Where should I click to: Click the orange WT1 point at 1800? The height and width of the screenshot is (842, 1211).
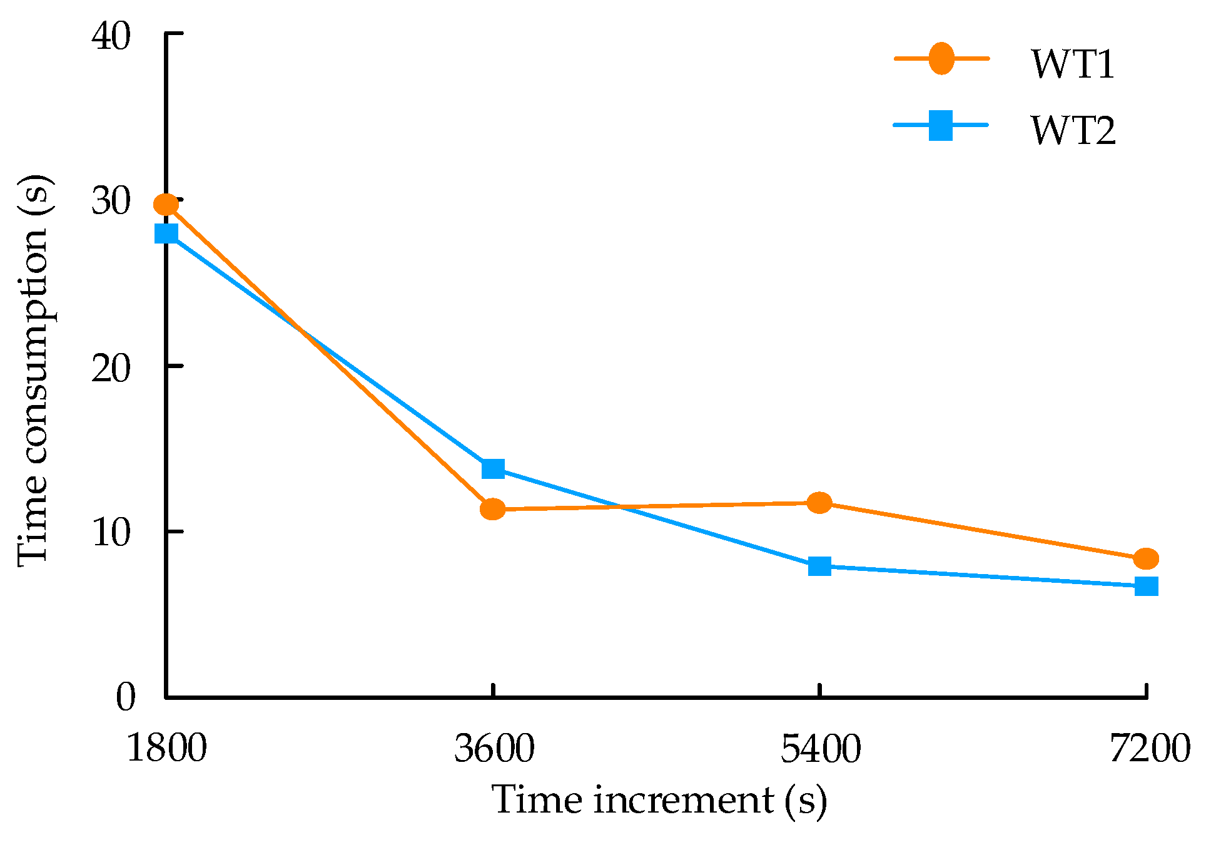click(166, 204)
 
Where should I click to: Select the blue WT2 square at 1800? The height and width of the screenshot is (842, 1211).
click(166, 234)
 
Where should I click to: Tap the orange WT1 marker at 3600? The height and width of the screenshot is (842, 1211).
click(493, 509)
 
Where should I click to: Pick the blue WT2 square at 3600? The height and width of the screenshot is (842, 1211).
click(493, 468)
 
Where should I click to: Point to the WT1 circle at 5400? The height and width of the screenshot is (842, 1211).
click(819, 502)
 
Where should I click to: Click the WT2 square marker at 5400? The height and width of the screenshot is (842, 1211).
click(819, 566)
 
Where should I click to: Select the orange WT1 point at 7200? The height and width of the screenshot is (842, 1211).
click(1146, 558)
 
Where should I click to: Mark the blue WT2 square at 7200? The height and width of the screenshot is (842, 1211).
click(1146, 586)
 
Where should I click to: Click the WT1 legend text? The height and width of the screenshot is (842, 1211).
click(1073, 64)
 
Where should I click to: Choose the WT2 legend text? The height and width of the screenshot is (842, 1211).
click(1073, 130)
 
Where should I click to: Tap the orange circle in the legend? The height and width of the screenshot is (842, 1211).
click(941, 59)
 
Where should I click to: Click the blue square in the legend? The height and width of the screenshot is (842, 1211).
click(941, 125)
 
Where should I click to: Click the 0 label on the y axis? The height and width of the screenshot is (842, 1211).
click(126, 697)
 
